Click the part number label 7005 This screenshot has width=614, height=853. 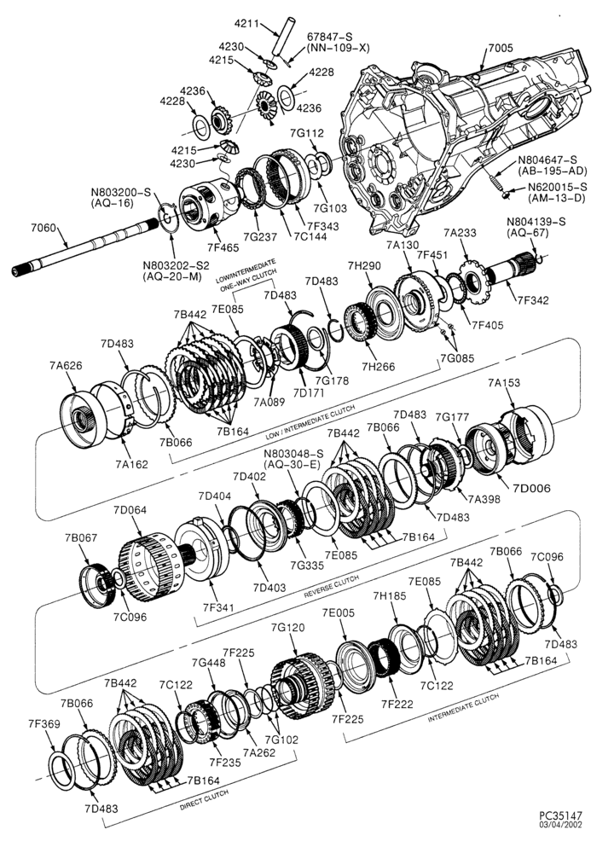coord(500,49)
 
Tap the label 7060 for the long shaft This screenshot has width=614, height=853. coord(44,228)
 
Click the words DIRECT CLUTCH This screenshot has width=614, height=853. coord(205,800)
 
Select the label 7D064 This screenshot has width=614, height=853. coord(130,510)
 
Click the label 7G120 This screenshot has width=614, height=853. coord(287,628)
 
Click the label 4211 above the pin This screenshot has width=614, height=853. coord(246,23)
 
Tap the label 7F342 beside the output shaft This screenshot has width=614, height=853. coord(534,299)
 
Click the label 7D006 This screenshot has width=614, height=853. coord(531,487)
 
